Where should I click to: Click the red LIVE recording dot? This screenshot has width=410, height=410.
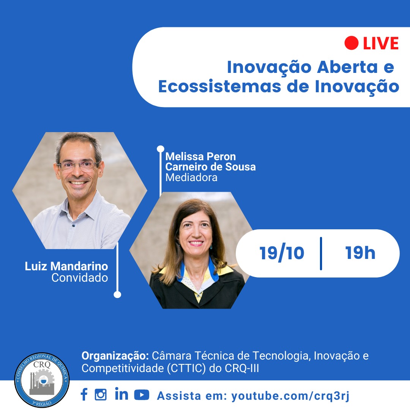click(351, 43)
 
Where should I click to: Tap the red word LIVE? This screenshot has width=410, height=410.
click(381, 43)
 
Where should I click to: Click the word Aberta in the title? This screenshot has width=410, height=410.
click(347, 67)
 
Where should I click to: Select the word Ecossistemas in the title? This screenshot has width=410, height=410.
click(220, 87)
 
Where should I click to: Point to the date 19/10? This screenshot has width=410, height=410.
click(282, 253)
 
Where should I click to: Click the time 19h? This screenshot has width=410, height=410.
click(360, 253)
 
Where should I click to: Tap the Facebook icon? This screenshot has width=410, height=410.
click(84, 394)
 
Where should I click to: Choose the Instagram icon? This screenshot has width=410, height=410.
click(101, 394)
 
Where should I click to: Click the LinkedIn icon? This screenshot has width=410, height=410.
click(121, 394)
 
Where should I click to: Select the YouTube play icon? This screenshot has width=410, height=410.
click(142, 394)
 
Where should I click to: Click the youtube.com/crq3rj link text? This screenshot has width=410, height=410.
click(290, 396)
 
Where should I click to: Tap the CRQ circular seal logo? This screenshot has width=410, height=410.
click(42, 380)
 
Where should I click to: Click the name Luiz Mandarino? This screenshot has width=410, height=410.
click(66, 266)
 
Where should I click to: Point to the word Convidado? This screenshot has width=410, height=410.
click(80, 278)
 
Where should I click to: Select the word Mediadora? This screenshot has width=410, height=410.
click(191, 178)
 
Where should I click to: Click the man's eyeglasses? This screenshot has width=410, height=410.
click(78, 165)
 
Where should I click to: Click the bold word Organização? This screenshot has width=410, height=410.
click(115, 356)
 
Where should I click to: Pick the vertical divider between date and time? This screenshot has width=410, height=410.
click(321, 253)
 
